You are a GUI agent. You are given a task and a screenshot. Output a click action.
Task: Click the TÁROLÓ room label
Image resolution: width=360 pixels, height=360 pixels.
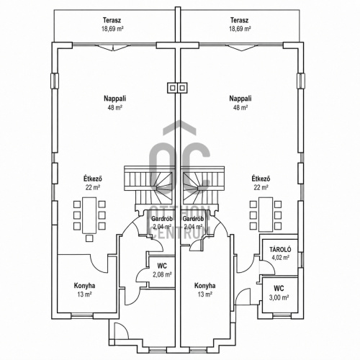coord(280,249)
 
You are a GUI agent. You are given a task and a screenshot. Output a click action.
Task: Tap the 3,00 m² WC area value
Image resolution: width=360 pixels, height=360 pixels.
coord(279,297)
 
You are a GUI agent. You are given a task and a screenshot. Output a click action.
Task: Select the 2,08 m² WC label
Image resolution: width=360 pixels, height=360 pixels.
coord(162,266)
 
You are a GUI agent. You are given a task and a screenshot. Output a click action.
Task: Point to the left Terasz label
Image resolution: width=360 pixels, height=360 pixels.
coord(112,20)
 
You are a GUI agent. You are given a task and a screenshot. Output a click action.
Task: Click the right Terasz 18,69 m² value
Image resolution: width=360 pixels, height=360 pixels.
coord(240,29)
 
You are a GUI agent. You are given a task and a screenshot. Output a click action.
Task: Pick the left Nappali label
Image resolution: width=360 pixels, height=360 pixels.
coord(115,99)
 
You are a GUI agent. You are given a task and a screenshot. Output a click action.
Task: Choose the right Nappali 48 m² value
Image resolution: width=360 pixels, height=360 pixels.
coord(240,107)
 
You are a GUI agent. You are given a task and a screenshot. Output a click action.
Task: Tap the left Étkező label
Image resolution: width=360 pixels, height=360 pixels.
coord(93,179)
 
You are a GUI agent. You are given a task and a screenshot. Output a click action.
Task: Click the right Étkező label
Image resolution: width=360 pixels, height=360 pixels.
coord(261,179)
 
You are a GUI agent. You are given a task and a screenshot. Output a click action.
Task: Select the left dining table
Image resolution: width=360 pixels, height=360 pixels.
coord(89,215)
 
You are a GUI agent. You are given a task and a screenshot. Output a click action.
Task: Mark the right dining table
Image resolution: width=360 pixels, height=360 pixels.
coord(266,215)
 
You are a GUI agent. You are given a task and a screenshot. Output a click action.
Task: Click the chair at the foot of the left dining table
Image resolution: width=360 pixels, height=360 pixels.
coord(89,238)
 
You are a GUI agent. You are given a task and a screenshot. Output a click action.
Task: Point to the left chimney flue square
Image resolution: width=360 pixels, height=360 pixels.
coord(172,88)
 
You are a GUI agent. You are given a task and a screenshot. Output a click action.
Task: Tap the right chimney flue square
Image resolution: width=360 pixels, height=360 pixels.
coord(182,88)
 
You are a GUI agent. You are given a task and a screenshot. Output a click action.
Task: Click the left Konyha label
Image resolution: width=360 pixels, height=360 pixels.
coord(84,286)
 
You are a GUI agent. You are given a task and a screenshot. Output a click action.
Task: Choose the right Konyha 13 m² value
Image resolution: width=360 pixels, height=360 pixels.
coord(204,294)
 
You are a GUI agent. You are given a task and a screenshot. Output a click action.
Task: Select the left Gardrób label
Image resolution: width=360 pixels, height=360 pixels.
coord(162,219)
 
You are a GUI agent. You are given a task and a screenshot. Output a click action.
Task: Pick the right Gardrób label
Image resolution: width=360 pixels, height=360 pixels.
coord(193,219)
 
